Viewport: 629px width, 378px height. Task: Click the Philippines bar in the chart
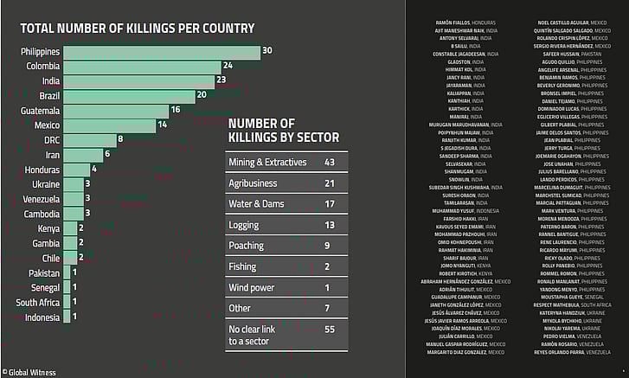point(160,52)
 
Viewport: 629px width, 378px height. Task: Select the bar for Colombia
point(142,67)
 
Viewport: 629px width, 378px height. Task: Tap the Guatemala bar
point(116,111)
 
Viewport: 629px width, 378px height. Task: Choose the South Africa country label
point(37,302)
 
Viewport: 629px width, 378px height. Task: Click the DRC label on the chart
point(51,140)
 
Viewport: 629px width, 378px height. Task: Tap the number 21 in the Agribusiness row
point(329,183)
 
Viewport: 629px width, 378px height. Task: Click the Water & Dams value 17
point(329,204)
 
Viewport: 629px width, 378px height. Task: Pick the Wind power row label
point(251,287)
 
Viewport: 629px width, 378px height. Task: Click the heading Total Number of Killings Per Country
point(137,28)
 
